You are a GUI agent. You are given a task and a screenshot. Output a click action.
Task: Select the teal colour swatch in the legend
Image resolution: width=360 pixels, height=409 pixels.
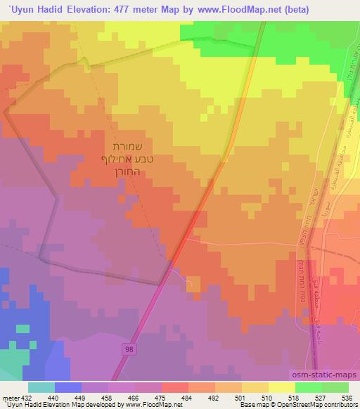point(42,387)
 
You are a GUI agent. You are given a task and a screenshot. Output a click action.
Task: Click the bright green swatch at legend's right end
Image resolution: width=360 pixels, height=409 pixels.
point(335,387)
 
